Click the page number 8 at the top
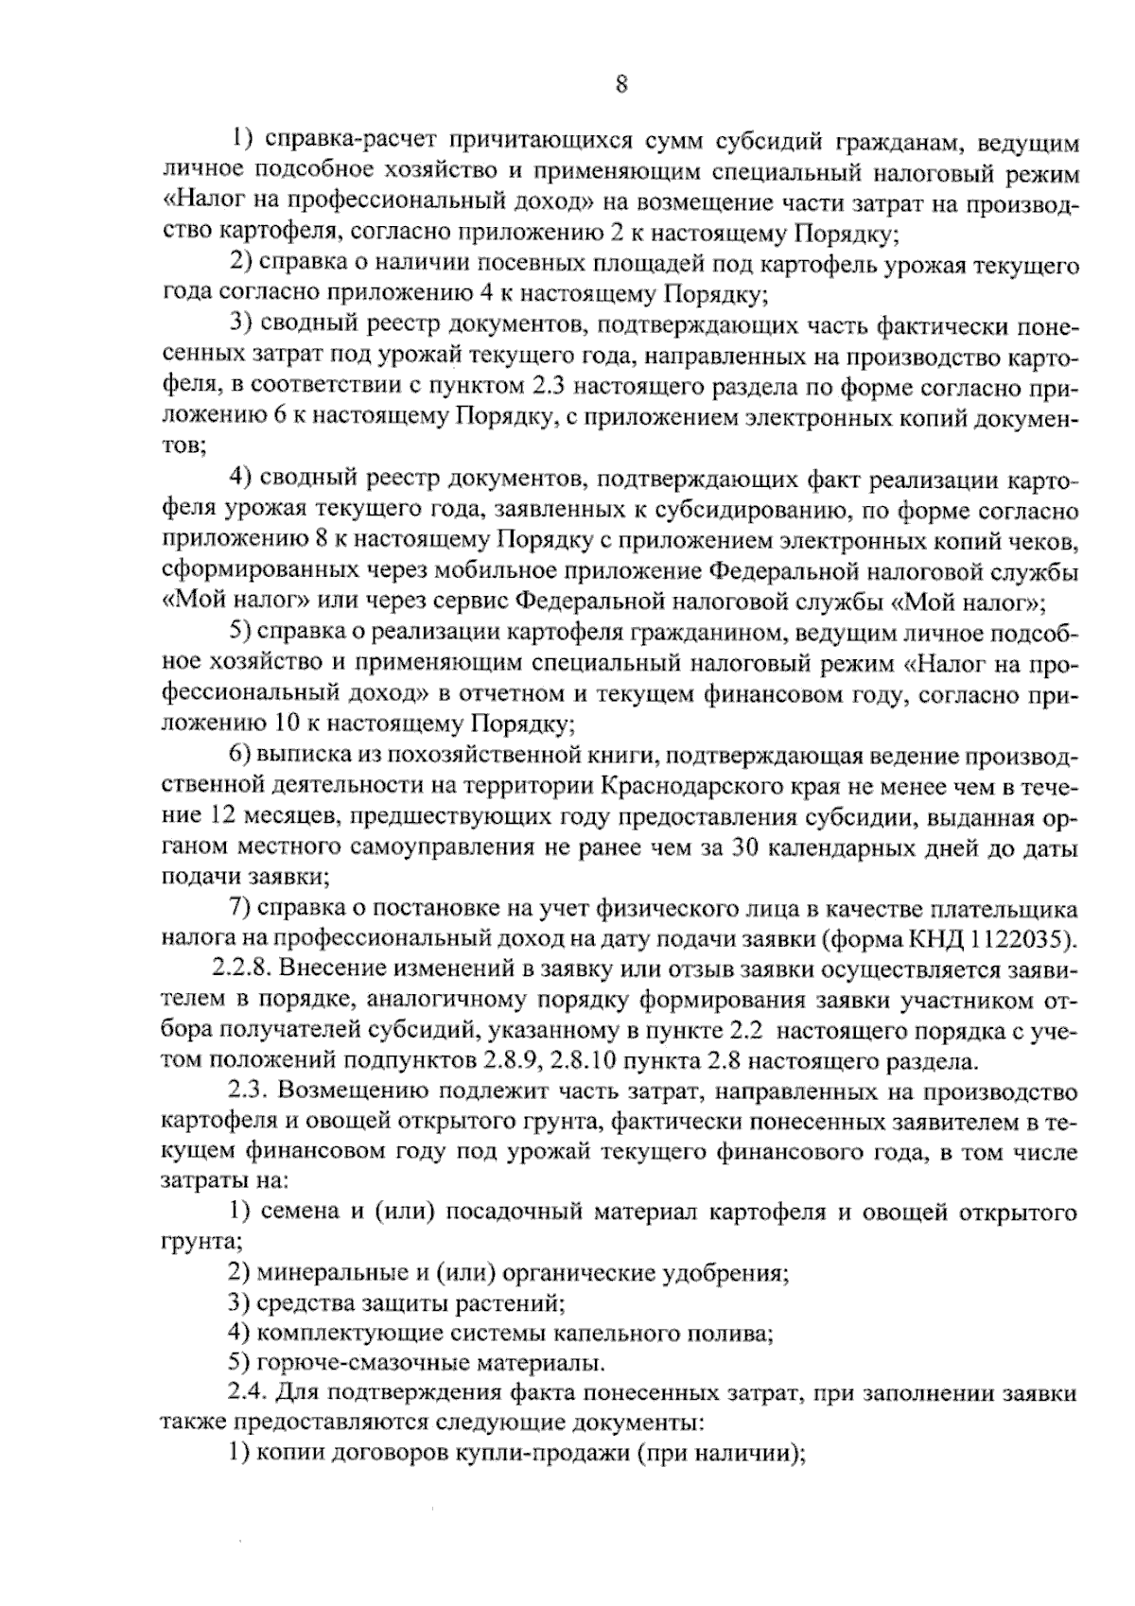point(621,85)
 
